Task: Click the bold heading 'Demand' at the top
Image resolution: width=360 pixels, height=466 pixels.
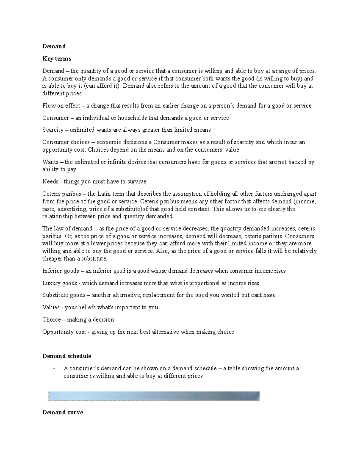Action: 54,47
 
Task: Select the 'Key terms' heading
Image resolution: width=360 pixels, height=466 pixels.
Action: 57,59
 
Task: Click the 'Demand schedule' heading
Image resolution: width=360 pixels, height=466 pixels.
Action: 67,356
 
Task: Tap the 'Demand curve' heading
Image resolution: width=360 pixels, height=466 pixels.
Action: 63,413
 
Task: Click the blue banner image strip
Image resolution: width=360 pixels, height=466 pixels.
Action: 154,396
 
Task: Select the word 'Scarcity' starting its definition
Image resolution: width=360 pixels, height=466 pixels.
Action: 53,130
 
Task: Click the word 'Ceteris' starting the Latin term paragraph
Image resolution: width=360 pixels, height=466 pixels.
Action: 51,194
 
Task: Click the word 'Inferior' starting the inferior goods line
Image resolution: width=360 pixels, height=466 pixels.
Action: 52,271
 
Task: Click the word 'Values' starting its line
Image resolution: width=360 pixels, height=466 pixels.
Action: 50,308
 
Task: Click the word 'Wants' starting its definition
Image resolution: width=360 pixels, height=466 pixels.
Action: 50,162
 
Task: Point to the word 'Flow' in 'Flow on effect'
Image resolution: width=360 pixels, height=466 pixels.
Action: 48,106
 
